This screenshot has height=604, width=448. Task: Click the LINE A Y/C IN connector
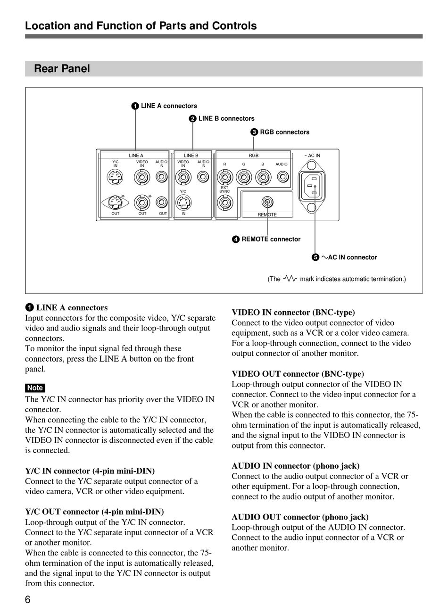tap(115, 177)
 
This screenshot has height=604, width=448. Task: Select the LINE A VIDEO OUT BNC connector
tap(142, 202)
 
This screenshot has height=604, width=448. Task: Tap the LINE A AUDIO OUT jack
tap(162, 202)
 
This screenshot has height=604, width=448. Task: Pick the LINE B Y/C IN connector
tap(183, 203)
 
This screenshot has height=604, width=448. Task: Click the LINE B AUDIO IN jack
tap(203, 177)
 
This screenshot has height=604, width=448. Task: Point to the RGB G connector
tap(244, 177)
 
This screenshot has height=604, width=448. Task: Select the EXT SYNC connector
tap(225, 203)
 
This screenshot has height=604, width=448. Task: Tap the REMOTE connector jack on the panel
tap(267, 202)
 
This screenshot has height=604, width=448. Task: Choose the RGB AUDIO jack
tap(282, 177)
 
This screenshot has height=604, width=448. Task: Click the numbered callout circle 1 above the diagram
tap(135, 106)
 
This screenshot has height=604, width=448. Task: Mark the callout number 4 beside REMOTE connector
tap(236, 240)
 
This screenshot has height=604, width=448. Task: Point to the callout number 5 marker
tap(315, 257)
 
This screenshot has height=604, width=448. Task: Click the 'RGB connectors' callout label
tap(285, 132)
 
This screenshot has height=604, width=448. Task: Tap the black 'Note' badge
tap(35, 388)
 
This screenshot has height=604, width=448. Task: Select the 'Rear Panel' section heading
tap(62, 69)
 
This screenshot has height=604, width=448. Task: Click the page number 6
tap(28, 599)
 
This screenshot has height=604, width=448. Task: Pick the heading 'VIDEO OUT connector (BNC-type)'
tap(298, 374)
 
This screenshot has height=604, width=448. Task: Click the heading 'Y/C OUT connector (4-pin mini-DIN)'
tap(94, 512)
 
